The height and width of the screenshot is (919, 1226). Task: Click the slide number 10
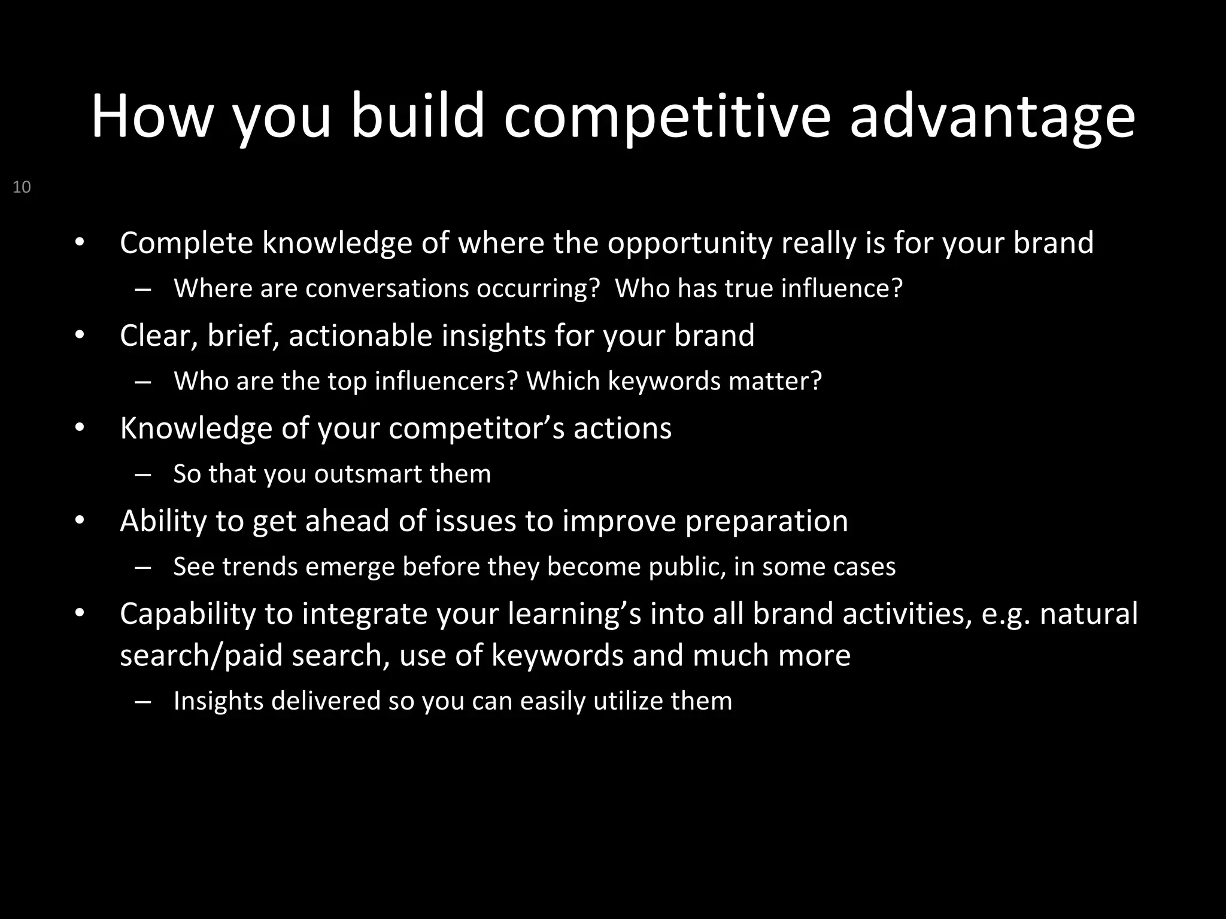tap(22, 187)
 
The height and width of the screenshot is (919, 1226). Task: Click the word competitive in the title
tap(667, 116)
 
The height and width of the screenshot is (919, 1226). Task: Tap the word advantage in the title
tap(992, 116)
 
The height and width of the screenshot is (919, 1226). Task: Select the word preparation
tap(766, 521)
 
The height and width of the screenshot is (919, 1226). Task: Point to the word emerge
tap(350, 567)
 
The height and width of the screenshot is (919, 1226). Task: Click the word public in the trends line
tap(686, 567)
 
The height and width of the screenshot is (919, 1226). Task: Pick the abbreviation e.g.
tap(1006, 614)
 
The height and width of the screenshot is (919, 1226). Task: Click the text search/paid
tap(201, 655)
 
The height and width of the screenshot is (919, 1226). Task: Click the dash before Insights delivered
tap(143, 701)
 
